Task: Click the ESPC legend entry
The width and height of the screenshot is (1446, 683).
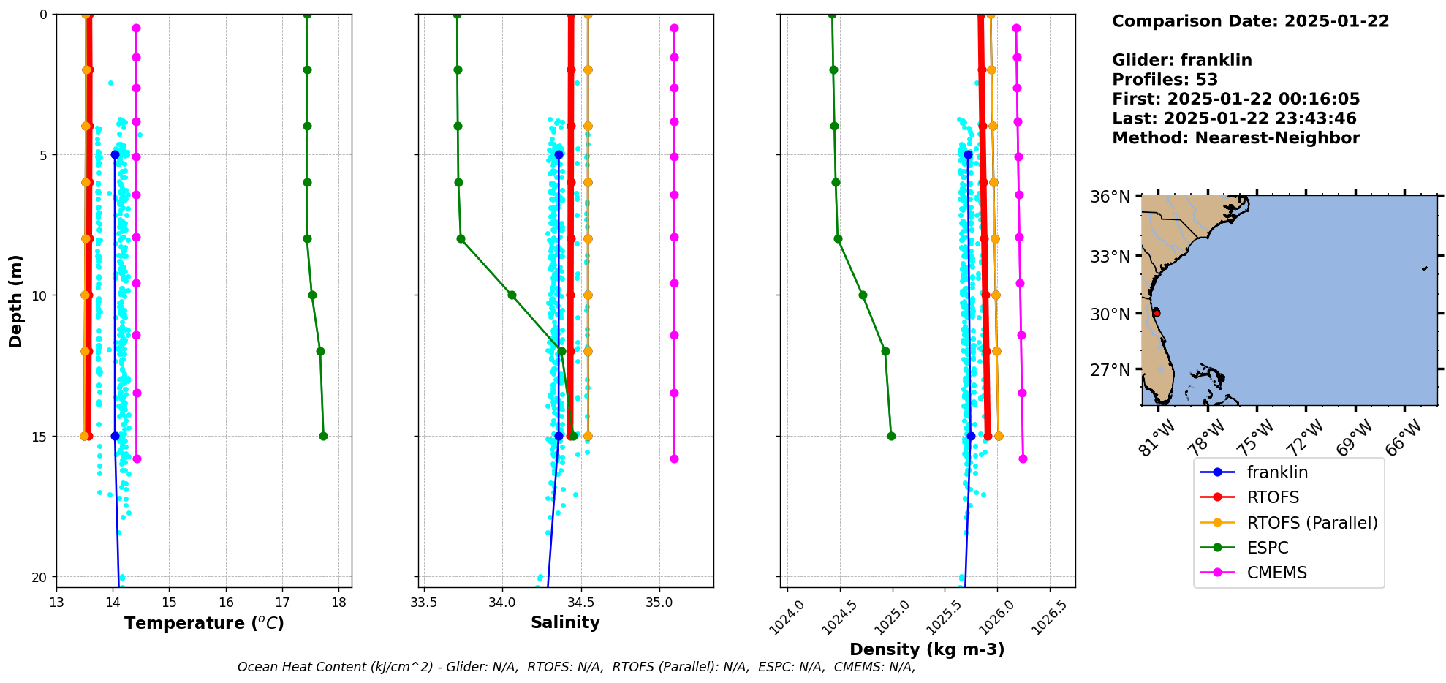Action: pyautogui.click(x=1268, y=548)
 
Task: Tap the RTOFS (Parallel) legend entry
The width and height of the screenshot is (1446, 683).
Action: pyautogui.click(x=1311, y=523)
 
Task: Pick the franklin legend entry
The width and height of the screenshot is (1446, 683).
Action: pyautogui.click(x=1277, y=472)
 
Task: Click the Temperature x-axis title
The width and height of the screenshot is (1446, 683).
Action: pyautogui.click(x=204, y=623)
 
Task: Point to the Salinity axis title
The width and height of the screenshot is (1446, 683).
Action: pyautogui.click(x=565, y=622)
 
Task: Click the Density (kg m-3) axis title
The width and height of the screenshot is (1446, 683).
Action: pyautogui.click(x=927, y=649)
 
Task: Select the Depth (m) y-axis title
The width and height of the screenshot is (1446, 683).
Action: pyautogui.click(x=16, y=301)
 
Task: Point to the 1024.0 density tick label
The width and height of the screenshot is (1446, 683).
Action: pyautogui.click(x=787, y=616)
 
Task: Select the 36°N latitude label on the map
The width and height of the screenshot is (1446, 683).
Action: pyautogui.click(x=1110, y=197)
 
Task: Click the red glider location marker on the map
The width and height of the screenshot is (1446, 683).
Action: pyautogui.click(x=1156, y=313)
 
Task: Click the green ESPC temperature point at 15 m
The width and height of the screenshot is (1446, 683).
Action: pyautogui.click(x=323, y=436)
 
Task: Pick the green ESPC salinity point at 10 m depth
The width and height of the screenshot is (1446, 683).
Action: pyautogui.click(x=512, y=295)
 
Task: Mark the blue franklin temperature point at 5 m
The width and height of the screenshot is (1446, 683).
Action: pyautogui.click(x=115, y=154)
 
